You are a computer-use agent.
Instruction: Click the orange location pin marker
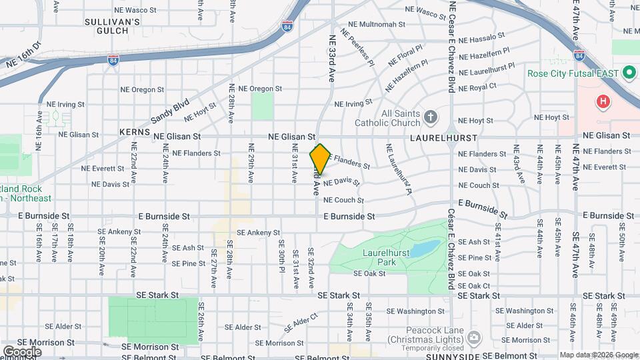pos(320,159)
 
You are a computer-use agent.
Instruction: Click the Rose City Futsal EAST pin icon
pos(627,73)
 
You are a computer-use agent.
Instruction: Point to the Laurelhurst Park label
pos(383,257)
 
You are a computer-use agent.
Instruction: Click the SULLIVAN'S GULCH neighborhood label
pos(112,26)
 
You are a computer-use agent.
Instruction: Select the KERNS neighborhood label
pos(134,132)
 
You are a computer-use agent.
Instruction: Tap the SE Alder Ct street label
pos(301,324)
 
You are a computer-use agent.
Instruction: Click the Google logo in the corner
pos(22,352)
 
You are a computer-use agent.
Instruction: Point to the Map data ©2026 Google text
pos(599,355)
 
